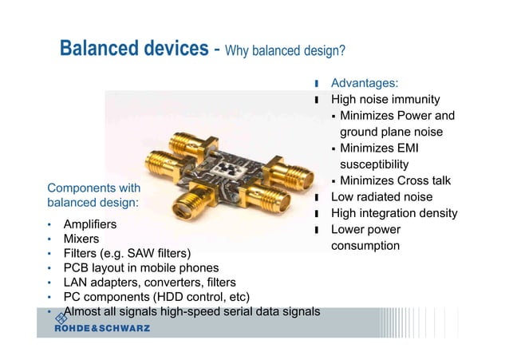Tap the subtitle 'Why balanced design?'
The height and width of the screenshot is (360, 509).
tap(285, 51)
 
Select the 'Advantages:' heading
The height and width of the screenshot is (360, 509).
tap(365, 82)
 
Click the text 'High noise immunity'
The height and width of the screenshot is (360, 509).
tap(385, 99)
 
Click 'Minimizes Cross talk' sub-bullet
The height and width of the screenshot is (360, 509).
tap(395, 180)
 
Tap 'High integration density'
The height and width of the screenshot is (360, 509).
tap(394, 213)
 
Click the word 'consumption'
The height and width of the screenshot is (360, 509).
tap(365, 245)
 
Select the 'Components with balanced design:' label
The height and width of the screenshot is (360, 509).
tap(94, 196)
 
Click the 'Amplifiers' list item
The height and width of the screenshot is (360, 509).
tap(90, 224)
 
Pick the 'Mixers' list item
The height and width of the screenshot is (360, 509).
tap(81, 239)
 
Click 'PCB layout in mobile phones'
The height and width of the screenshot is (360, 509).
tap(140, 267)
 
